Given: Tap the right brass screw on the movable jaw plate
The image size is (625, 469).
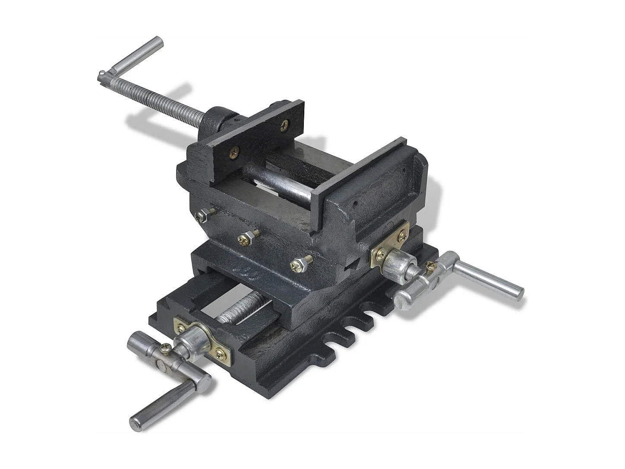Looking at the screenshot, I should point(284,126).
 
